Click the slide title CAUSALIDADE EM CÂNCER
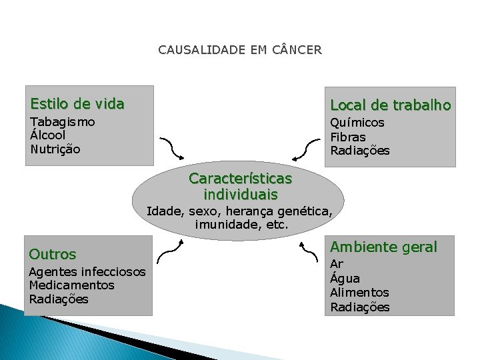240,50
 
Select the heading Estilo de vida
77,104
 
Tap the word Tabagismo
63,122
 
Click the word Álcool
48,135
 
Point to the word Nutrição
55,149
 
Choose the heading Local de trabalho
391,105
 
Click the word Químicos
357,123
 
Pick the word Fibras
348,137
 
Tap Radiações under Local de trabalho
360,151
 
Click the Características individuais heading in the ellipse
240,187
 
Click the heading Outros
53,254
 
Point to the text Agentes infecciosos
87,271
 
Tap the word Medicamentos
72,285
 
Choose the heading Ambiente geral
384,247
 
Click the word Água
345,279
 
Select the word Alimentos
360,293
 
